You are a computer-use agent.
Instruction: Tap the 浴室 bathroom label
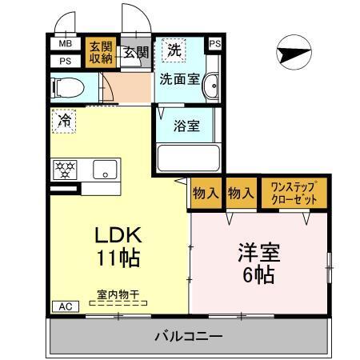tap(187, 126)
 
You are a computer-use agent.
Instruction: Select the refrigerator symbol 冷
tap(64, 121)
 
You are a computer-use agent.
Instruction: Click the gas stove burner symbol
tap(64, 169)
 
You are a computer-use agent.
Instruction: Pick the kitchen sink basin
tap(105, 169)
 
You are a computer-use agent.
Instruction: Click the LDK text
tap(118, 235)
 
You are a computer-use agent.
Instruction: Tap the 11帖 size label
tap(118, 258)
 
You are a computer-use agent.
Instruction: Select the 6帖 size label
tap(257, 274)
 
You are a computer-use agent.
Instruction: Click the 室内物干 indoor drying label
tap(118, 294)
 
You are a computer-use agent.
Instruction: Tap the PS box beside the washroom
tap(214, 44)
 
